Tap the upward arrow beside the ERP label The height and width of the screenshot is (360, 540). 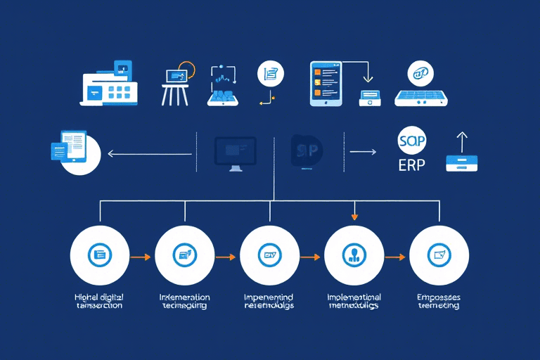tap(462, 143)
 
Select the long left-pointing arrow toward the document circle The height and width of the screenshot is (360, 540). tap(149, 152)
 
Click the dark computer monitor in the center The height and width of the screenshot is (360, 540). tap(235, 152)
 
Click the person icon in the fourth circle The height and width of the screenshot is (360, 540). tap(354, 255)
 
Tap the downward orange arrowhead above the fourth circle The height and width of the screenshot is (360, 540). tap(354, 215)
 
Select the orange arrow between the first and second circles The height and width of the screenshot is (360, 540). tap(141, 257)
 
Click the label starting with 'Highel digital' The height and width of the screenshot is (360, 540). tap(99, 301)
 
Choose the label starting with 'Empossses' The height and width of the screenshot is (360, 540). tap(439, 301)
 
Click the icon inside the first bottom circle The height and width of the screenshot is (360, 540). tap(100, 255)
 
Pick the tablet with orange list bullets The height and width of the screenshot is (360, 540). tap(326, 83)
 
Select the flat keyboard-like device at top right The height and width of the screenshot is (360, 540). tap(421, 97)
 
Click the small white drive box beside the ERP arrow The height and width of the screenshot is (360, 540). tap(462, 164)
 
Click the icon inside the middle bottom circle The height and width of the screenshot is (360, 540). tap(269, 255)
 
